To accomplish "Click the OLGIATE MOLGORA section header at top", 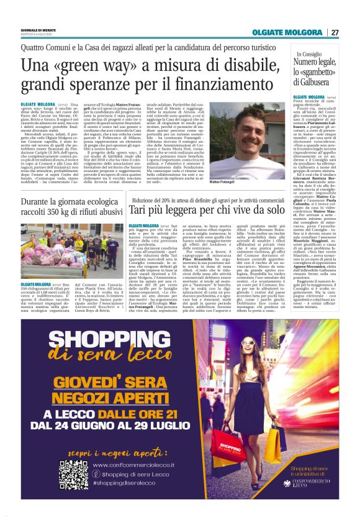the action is pos(287,32).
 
